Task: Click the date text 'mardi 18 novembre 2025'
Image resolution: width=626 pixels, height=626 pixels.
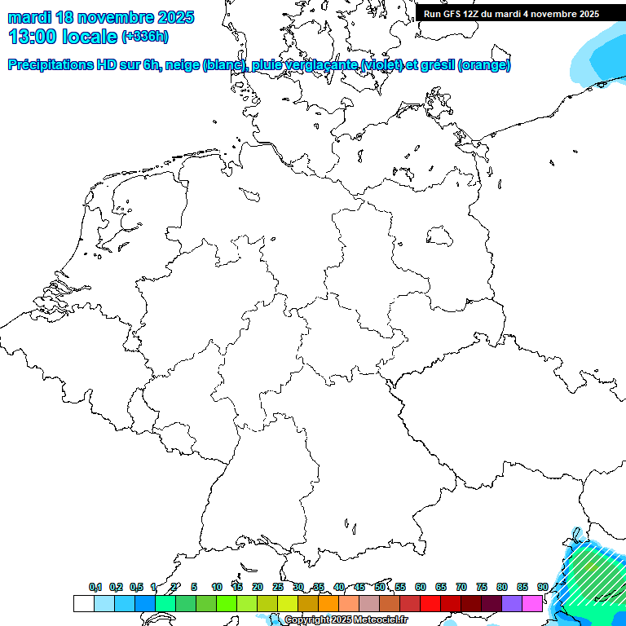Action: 101,16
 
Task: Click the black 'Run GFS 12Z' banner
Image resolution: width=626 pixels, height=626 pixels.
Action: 512,13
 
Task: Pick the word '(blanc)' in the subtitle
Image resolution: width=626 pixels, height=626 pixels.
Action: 219,65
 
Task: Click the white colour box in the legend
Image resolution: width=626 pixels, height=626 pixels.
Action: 83,603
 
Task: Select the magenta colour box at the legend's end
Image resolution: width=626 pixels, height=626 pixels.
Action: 532,603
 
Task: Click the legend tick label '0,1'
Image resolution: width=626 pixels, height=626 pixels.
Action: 95,587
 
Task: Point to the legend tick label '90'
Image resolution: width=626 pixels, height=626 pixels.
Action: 542,587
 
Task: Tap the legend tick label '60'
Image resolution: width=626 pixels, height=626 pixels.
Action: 421,587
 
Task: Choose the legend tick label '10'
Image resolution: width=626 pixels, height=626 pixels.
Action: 216,587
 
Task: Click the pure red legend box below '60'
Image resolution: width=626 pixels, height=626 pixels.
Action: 430,603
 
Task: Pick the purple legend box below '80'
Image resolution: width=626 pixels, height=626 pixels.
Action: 512,603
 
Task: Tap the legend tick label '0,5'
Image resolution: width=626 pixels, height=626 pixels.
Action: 135,587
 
